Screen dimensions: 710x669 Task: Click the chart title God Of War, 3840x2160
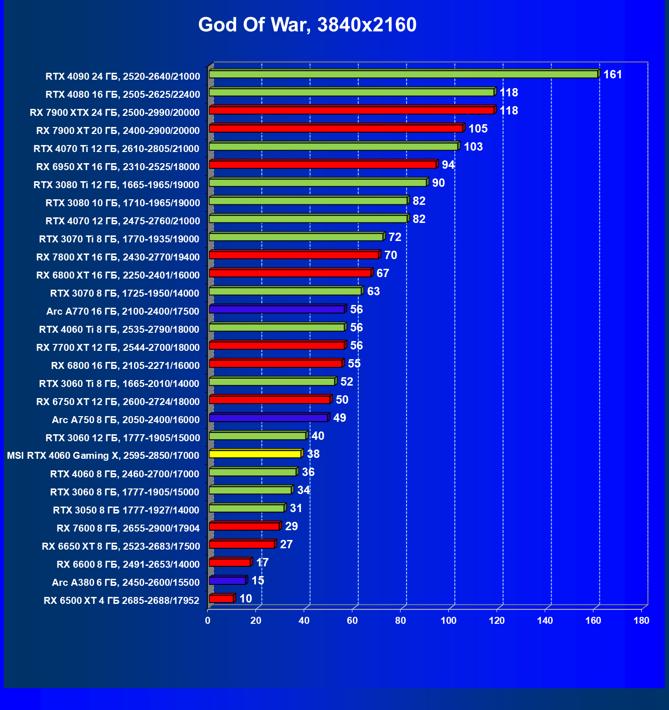(307, 25)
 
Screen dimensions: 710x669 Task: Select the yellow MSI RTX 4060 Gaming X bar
(255, 454)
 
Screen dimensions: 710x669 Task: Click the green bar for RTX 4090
(403, 74)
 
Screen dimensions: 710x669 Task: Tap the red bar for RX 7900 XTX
(351, 110)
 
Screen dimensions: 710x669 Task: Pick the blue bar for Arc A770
(277, 309)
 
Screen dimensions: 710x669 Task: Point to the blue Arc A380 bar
(227, 580)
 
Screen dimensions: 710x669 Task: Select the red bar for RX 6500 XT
(221, 598)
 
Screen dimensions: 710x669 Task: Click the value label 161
(612, 75)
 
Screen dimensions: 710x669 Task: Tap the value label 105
(478, 129)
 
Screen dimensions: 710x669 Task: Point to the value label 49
(340, 418)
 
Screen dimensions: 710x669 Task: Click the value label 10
(246, 599)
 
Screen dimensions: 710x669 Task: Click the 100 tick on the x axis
(449, 621)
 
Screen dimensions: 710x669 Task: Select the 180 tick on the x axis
(642, 621)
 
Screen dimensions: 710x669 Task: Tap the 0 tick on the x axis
(208, 621)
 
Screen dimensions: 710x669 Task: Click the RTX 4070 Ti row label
(116, 149)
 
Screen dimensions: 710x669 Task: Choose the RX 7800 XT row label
(118, 257)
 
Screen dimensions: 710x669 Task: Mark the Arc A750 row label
(126, 420)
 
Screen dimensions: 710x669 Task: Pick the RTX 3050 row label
(126, 510)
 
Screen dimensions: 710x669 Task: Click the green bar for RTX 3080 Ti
(318, 183)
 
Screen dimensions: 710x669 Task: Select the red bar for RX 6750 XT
(269, 399)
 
